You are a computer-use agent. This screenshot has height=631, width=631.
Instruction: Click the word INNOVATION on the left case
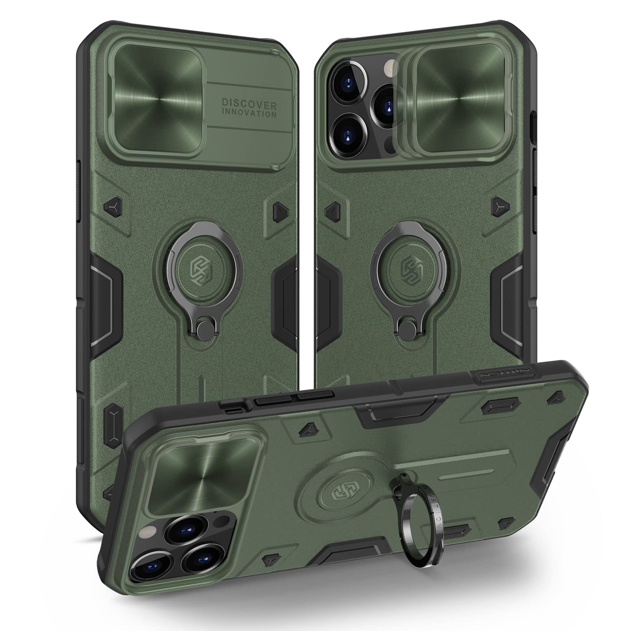tap(249, 114)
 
